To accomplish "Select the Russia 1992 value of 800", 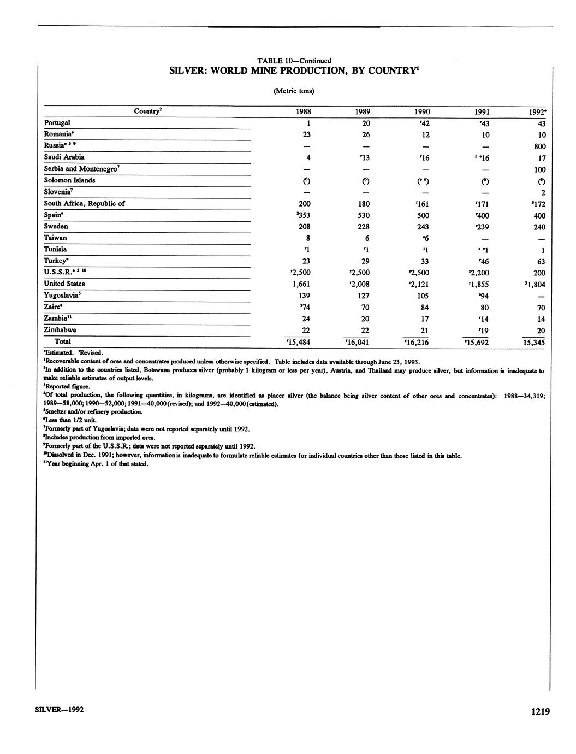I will [x=540, y=146].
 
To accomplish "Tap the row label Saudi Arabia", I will [x=64, y=157].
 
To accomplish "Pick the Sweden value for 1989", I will [x=363, y=227].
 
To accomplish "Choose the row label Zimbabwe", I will [x=60, y=330].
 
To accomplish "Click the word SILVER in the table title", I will [x=188, y=71].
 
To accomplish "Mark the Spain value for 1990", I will [x=422, y=215].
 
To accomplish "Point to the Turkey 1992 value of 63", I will [x=541, y=261].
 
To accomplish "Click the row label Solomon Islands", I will [x=69, y=180].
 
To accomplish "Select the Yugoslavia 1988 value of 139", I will [x=303, y=296].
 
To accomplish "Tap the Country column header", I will [x=147, y=111].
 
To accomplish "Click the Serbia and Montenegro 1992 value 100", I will [x=539, y=170].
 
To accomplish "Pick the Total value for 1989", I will [x=358, y=343].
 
